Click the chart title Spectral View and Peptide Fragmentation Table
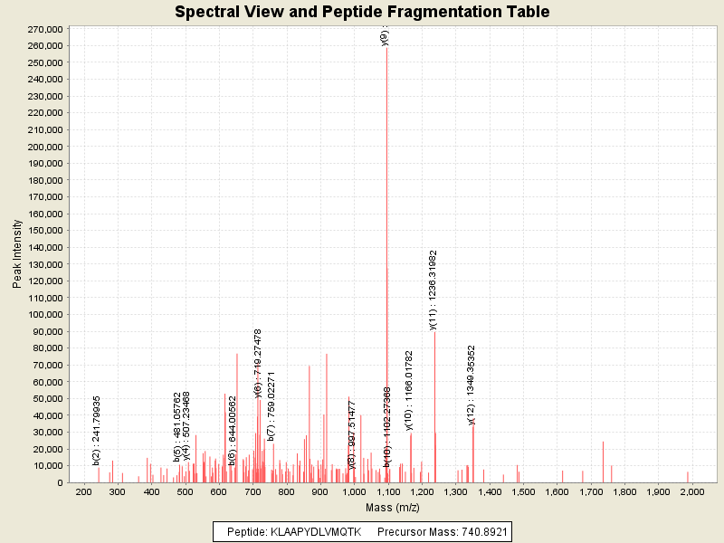362,12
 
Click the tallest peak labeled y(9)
386,181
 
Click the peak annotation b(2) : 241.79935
97,431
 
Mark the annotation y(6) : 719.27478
259,363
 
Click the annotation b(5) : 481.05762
177,427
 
